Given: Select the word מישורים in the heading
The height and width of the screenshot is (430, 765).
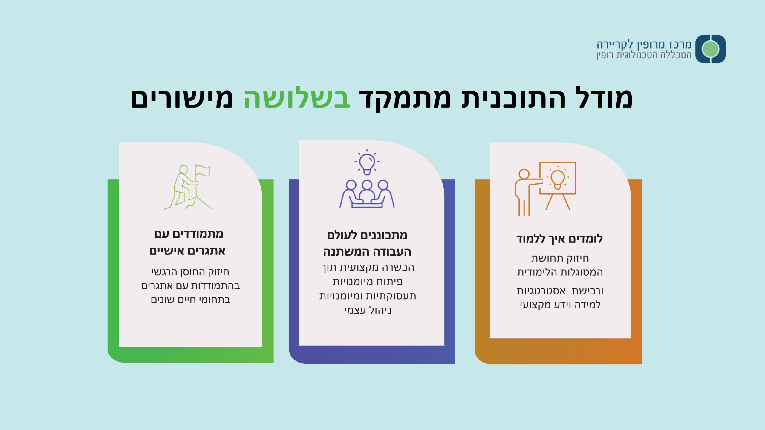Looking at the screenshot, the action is click(182, 98).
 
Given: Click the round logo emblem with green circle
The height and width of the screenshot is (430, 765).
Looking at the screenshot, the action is click(711, 49).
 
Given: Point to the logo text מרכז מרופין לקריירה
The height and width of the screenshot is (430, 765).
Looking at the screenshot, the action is click(644, 44).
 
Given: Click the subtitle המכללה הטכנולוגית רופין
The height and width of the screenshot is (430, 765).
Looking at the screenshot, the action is click(644, 55).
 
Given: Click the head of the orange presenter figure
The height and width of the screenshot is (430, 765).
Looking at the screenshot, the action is click(524, 174).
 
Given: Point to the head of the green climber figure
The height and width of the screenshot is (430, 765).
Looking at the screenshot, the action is click(183, 170).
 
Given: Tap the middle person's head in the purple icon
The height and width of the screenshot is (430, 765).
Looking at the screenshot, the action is click(367, 185).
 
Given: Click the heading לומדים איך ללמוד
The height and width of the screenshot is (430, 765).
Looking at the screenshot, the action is click(559, 239).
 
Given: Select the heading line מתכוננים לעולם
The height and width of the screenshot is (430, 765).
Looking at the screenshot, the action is click(367, 235).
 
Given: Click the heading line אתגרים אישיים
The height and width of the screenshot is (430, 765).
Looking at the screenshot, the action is click(187, 251).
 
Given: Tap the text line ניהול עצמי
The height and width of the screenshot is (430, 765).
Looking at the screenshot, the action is click(368, 310).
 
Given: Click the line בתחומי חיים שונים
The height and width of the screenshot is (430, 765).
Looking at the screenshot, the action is click(191, 300).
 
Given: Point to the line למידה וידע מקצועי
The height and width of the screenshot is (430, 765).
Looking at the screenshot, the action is click(560, 305).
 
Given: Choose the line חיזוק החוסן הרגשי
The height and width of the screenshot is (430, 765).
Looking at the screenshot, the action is click(190, 272).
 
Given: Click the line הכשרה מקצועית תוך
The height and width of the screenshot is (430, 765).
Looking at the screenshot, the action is click(368, 267).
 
